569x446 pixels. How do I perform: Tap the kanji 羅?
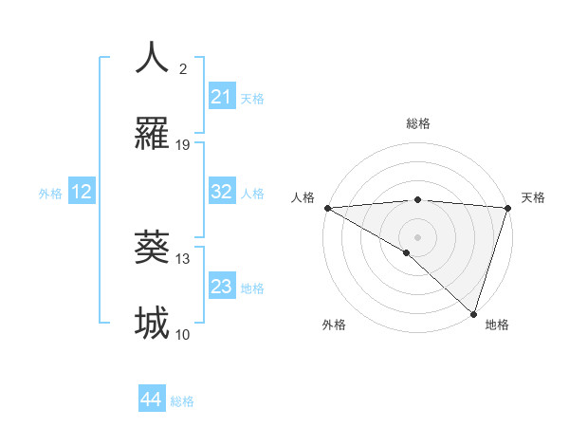coord(152,134)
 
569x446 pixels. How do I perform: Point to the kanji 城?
coord(152,324)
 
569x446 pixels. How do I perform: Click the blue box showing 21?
coord(221,97)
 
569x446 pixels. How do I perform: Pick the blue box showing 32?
coord(221,192)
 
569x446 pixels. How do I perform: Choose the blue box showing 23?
coord(221,287)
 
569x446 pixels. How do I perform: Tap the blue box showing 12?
coord(82,192)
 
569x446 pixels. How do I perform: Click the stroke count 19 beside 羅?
coord(183,144)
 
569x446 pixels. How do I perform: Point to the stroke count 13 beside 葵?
coord(183,258)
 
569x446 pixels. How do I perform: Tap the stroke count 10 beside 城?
coord(183,334)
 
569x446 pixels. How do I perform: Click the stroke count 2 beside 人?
coord(183,68)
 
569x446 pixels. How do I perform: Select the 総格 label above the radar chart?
coord(418,123)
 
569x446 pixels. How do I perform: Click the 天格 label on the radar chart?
coord(533,197)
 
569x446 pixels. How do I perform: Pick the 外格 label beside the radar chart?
coord(334,325)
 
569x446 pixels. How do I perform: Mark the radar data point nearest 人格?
coord(327,207)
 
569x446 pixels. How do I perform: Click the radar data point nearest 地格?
coord(473,313)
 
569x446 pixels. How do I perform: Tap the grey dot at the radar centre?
coord(417,236)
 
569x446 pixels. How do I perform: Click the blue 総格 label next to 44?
coord(182,401)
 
